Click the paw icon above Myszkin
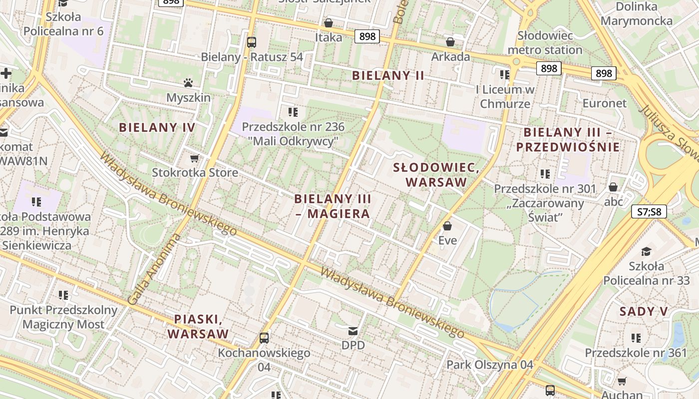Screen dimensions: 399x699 188,82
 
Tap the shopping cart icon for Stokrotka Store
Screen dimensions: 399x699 194,158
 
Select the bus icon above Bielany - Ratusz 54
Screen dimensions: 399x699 252,42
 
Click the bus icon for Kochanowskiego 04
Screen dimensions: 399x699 264,338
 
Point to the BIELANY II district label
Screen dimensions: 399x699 388,75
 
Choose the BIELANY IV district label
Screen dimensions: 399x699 157,127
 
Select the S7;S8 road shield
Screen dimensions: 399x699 649,211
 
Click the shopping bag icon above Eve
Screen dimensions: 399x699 447,226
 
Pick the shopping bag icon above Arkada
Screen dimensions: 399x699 450,42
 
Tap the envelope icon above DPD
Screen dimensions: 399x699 353,331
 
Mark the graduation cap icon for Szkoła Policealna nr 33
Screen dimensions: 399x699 647,251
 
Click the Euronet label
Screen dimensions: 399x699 604,103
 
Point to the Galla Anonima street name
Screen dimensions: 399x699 153,269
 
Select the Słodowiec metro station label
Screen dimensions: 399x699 545,43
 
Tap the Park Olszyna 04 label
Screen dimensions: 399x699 490,365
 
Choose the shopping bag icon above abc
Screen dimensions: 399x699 613,187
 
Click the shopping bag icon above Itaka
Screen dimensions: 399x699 329,23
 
